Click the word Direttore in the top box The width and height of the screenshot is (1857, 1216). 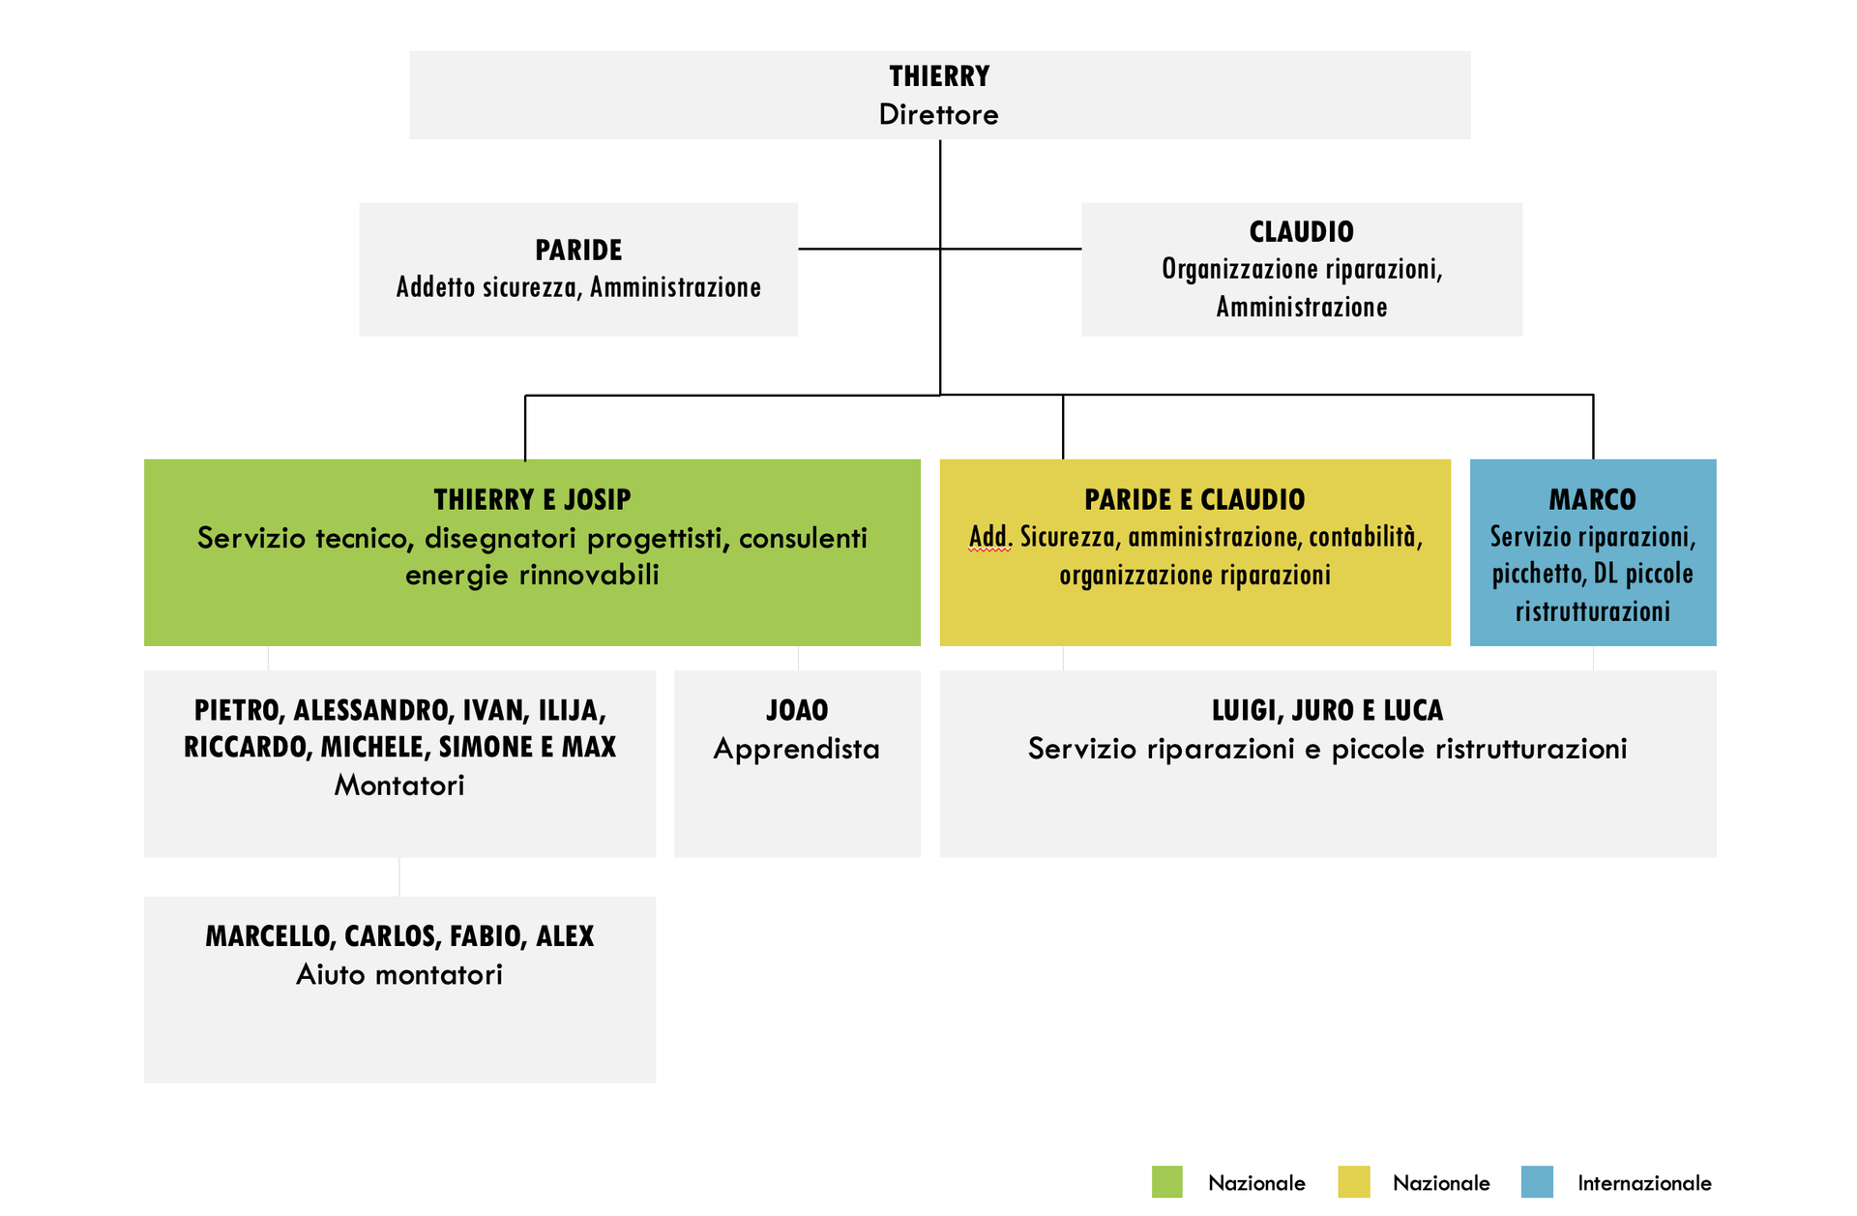(x=938, y=114)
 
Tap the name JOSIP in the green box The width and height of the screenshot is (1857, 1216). (x=597, y=499)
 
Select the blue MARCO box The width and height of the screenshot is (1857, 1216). (x=1592, y=552)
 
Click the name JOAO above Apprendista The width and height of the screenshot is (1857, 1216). (x=797, y=710)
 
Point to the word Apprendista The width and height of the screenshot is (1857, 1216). (x=797, y=749)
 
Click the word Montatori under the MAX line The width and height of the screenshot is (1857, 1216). (x=399, y=785)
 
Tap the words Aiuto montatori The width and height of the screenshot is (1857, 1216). (x=399, y=974)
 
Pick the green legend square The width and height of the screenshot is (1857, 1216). (x=1167, y=1181)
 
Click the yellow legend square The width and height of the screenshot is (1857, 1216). (x=1354, y=1181)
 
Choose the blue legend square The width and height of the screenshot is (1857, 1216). (x=1537, y=1181)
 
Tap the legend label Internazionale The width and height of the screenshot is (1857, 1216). (x=1644, y=1182)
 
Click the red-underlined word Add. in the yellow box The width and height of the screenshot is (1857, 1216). (x=990, y=537)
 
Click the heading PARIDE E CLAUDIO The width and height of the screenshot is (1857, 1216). (x=1194, y=499)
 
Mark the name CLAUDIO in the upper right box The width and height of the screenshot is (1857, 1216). (x=1301, y=232)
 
